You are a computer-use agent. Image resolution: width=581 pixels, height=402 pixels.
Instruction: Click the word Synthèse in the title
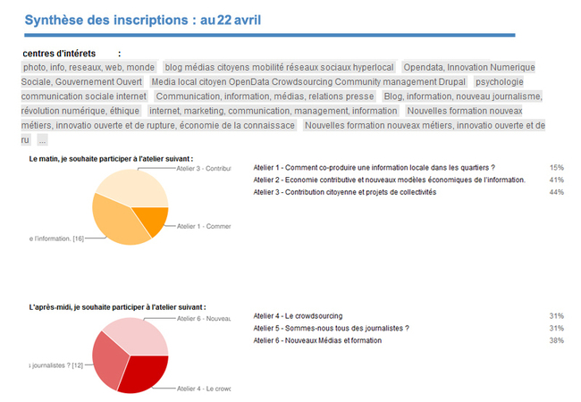point(56,20)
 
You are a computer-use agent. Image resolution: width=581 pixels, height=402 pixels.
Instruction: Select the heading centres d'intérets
point(59,54)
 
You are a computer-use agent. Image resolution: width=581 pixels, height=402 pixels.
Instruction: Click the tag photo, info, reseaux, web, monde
point(88,67)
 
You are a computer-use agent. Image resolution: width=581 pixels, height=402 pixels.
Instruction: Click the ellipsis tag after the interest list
point(42,140)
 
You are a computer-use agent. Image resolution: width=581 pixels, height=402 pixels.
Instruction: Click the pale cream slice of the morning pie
point(134,184)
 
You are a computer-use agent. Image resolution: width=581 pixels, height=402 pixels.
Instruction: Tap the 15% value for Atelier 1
point(556,167)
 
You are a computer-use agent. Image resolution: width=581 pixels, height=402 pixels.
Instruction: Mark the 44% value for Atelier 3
point(556,192)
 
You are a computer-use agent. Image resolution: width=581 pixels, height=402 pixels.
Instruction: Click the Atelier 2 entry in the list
point(376,180)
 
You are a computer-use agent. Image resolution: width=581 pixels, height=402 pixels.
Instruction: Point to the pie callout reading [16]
point(57,238)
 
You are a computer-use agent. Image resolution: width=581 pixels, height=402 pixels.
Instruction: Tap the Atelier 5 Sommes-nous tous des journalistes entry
point(331,328)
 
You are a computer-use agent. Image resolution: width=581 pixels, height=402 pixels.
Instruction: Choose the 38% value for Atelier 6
point(556,340)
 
